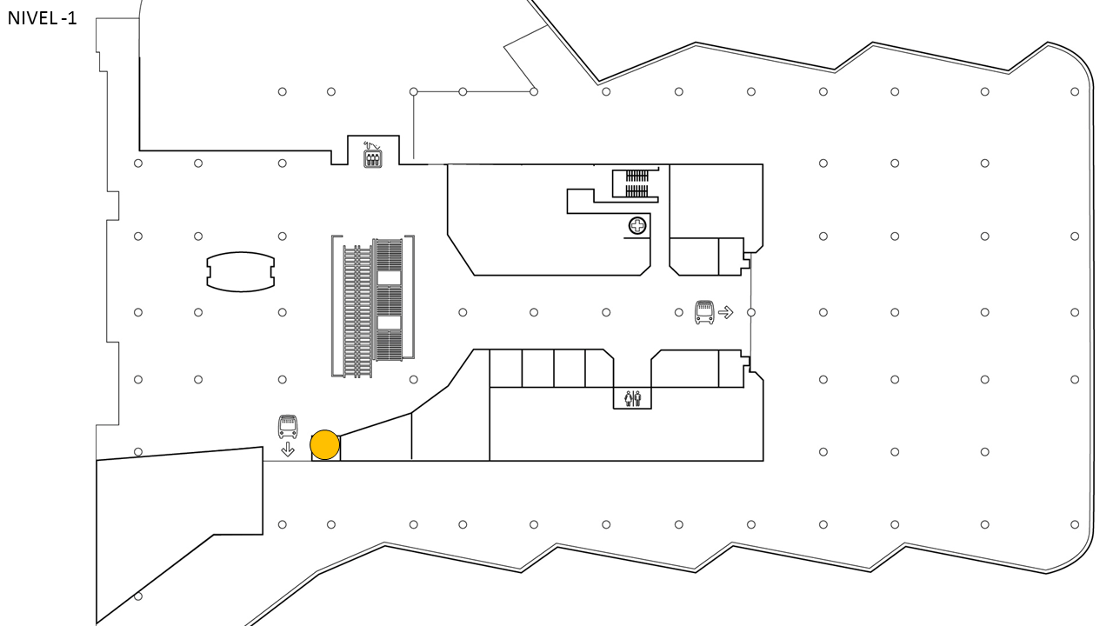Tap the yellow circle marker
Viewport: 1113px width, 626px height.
pyautogui.click(x=324, y=444)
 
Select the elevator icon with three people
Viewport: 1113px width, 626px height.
pyautogui.click(x=373, y=159)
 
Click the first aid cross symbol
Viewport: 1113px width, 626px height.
pyautogui.click(x=637, y=225)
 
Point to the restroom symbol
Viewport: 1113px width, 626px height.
pyautogui.click(x=632, y=398)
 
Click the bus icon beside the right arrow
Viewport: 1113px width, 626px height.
pyautogui.click(x=704, y=312)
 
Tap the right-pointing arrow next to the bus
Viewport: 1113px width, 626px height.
pyautogui.click(x=726, y=312)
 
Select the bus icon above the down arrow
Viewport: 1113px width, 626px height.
pyautogui.click(x=287, y=427)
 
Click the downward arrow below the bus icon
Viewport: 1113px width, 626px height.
pyautogui.click(x=288, y=450)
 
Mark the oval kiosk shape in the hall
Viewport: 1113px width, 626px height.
pyautogui.click(x=241, y=272)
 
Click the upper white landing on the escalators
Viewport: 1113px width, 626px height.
pyautogui.click(x=389, y=277)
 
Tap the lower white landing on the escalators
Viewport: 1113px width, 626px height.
pyautogui.click(x=389, y=323)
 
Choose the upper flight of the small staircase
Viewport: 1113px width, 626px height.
pyautogui.click(x=637, y=176)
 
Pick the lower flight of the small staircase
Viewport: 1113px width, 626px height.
pyautogui.click(x=637, y=191)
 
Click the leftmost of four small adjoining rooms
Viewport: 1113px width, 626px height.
pyautogui.click(x=506, y=368)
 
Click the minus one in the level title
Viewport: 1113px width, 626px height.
pyautogui.click(x=69, y=18)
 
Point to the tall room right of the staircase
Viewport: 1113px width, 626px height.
pyautogui.click(x=716, y=201)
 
